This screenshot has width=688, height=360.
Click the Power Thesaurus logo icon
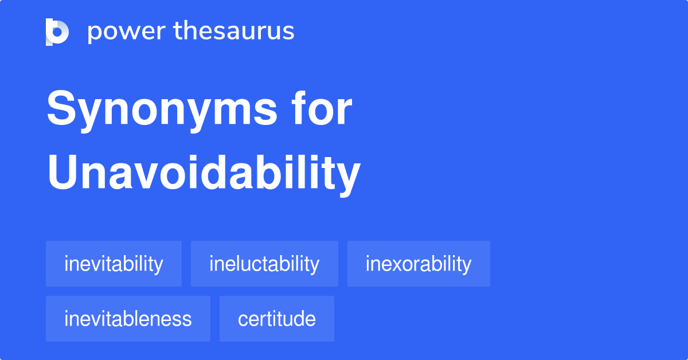point(57,32)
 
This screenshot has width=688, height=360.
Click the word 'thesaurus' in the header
point(234,32)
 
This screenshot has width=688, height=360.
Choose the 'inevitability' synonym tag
point(114,264)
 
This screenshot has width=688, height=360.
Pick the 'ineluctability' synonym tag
point(264,264)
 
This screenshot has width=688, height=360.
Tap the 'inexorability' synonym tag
point(419,264)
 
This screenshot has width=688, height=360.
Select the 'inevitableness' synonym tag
point(128,319)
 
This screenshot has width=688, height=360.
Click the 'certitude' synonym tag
point(276,319)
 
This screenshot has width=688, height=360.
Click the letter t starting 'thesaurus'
point(177,32)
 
